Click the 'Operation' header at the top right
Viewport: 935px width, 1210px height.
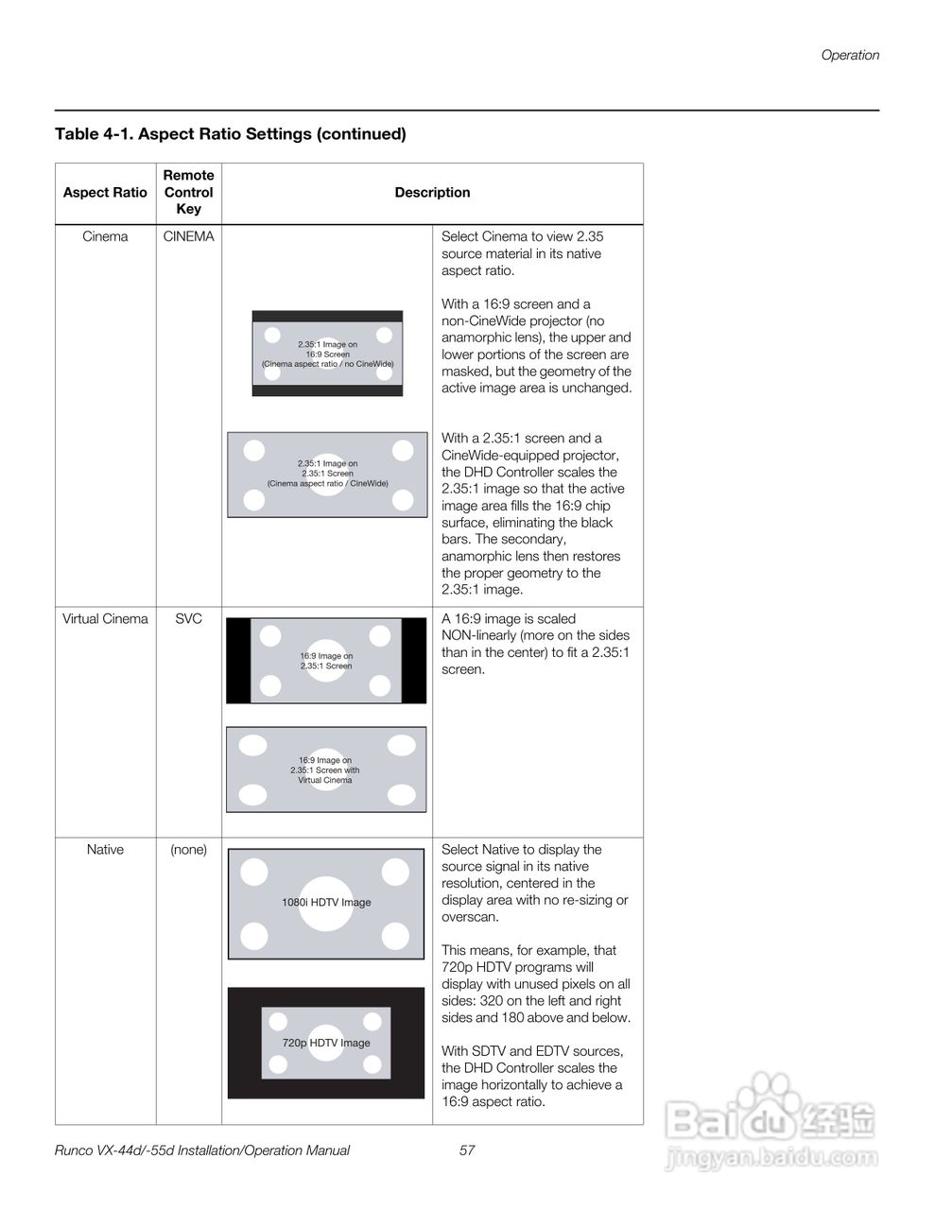pos(849,55)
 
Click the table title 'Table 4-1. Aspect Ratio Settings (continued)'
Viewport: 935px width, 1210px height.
pos(231,134)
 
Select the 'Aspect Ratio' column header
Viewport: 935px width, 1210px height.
pos(105,193)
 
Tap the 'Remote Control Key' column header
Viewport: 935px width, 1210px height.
pos(188,192)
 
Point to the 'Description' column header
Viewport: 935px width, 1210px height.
pos(432,193)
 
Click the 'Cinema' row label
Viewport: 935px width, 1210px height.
pos(105,236)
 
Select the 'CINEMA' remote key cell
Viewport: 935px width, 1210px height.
pos(188,236)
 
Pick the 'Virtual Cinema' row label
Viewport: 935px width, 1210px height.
pos(105,619)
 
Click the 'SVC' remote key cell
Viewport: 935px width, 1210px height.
pos(188,619)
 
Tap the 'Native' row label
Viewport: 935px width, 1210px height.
pos(105,850)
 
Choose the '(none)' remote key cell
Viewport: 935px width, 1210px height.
pos(188,850)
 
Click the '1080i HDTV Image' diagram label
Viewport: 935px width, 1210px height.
pos(326,903)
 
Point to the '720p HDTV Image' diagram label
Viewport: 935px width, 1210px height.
pos(326,1043)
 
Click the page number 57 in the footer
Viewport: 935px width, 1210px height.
pos(467,1150)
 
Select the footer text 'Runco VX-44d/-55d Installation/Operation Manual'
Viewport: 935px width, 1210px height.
pos(202,1150)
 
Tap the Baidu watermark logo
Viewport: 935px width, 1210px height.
pos(771,1125)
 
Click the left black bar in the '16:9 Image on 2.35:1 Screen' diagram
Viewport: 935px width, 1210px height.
pos(238,661)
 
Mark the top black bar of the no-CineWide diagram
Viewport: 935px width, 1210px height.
pos(327,317)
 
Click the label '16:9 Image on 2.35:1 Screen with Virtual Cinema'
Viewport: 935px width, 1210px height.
pos(325,770)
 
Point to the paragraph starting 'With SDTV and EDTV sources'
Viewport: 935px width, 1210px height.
pos(533,1076)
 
